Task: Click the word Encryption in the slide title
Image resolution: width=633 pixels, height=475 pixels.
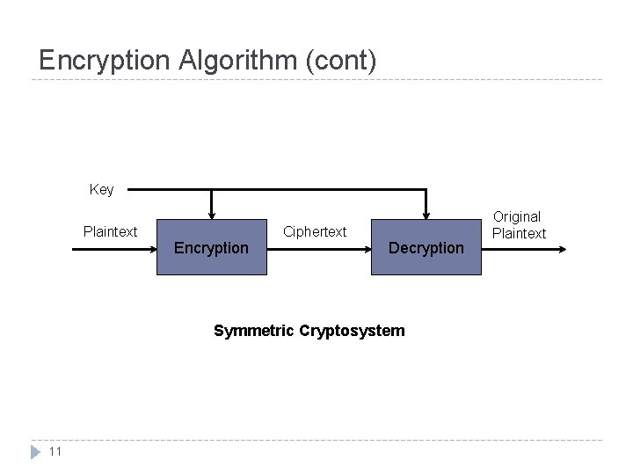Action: pyautogui.click(x=105, y=61)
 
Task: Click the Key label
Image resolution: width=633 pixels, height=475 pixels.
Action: pyautogui.click(x=101, y=189)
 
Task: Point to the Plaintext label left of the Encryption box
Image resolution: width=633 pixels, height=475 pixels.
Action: pyautogui.click(x=110, y=232)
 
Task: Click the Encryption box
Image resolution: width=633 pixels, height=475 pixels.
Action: pyautogui.click(x=211, y=247)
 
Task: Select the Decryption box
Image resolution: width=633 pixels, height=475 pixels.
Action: pyautogui.click(x=426, y=247)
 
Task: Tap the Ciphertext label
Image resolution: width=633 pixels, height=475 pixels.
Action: pyautogui.click(x=315, y=232)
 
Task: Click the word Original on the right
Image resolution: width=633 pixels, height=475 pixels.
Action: pyautogui.click(x=517, y=216)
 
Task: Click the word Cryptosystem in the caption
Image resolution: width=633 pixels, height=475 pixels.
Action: pyautogui.click(x=352, y=331)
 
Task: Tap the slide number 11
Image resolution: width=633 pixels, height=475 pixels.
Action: pyautogui.click(x=55, y=452)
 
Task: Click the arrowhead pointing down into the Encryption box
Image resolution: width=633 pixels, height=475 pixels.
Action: pyautogui.click(x=211, y=214)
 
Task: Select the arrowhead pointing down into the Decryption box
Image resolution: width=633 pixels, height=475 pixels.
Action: pyautogui.click(x=426, y=214)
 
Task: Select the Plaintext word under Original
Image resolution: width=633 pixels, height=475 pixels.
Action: pyautogui.click(x=519, y=233)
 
